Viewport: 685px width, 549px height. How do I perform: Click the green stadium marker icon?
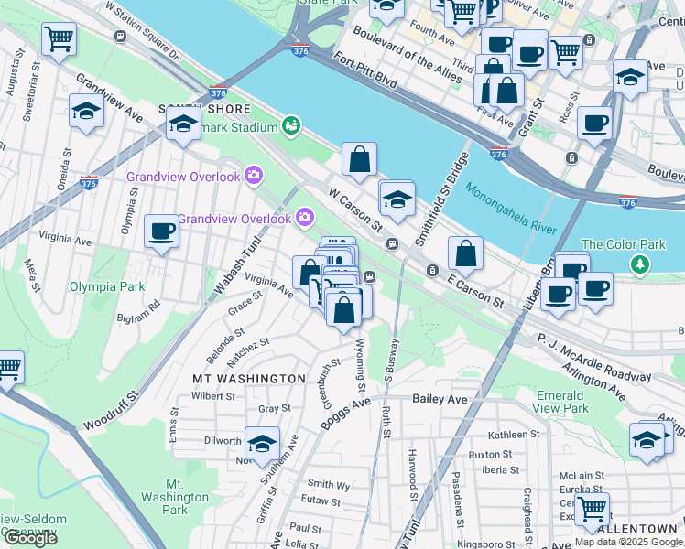click(x=292, y=124)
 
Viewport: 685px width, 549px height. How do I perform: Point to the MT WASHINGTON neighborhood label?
click(x=248, y=378)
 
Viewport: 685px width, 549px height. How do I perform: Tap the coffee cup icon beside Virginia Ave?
click(x=162, y=231)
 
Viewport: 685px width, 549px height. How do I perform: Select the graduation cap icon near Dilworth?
click(x=262, y=442)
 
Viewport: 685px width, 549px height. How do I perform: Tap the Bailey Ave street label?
click(x=440, y=399)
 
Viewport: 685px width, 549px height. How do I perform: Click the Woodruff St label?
click(x=108, y=412)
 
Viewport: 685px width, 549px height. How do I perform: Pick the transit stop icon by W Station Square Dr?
click(x=121, y=36)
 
